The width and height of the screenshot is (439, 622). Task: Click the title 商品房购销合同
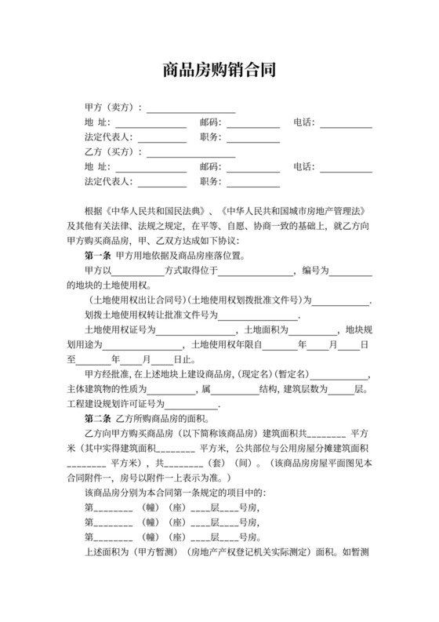pyautogui.click(x=219, y=70)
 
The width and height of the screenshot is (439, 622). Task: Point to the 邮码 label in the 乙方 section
pyautogui.click(x=210, y=167)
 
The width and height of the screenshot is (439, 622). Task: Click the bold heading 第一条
pyautogui.click(x=97, y=256)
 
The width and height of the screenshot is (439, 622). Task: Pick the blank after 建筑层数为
pyautogui.click(x=342, y=391)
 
